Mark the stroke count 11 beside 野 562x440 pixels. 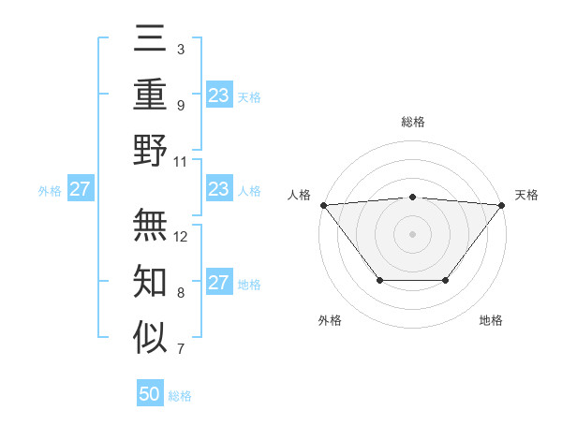(181, 161)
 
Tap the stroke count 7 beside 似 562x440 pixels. (180, 350)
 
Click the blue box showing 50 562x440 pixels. (150, 394)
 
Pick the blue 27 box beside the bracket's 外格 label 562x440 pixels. (80, 190)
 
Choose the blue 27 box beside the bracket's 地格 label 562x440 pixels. (218, 284)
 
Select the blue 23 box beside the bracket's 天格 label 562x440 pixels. (218, 95)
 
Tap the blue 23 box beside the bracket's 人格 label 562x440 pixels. (218, 190)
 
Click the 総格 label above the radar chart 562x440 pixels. (412, 122)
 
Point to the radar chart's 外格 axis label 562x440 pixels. (330, 320)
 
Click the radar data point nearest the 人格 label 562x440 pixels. (322, 204)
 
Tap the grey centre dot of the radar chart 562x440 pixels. (412, 233)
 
